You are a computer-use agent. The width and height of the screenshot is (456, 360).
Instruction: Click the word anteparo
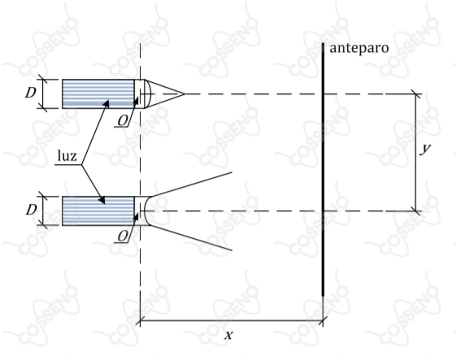(359, 48)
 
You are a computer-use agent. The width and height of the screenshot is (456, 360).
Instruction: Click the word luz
(67, 155)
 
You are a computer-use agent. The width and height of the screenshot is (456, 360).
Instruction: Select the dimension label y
(426, 149)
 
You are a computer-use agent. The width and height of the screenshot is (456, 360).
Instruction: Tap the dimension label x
(229, 336)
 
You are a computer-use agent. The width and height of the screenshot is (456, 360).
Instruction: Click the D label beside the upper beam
(31, 93)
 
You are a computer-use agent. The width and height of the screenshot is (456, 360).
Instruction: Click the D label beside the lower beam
(31, 210)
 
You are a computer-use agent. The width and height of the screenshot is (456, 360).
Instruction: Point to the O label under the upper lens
(123, 120)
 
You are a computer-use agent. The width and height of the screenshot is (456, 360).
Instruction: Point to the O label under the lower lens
(123, 236)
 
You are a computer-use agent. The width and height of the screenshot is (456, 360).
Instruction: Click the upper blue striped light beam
(98, 93)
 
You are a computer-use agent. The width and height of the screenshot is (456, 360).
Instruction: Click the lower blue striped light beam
(98, 210)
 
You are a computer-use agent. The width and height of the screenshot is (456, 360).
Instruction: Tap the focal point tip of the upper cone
(185, 94)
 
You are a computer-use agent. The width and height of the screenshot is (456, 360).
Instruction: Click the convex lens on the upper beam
(148, 93)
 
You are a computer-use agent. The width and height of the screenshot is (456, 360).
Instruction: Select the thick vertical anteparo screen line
(323, 170)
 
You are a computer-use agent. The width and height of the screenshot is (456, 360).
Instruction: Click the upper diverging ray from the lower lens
(191, 184)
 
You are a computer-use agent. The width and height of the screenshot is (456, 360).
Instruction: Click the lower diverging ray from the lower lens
(191, 237)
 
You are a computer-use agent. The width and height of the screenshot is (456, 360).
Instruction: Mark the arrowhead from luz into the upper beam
(106, 103)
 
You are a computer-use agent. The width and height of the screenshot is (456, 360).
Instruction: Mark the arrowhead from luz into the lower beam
(102, 200)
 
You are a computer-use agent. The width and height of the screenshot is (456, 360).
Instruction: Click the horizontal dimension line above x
(232, 321)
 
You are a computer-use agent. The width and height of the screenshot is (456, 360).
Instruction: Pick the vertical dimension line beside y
(416, 153)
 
